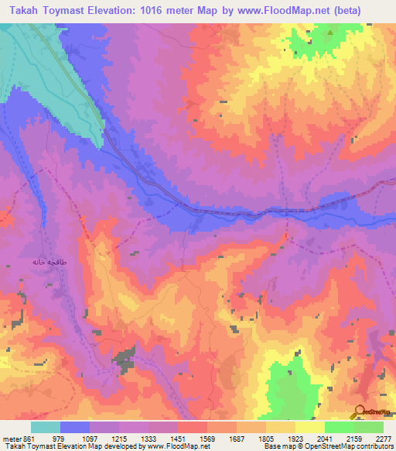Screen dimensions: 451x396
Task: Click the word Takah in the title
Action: [26, 11]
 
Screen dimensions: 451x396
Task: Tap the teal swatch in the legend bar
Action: [46, 427]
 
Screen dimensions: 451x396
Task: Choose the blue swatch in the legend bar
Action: [75, 427]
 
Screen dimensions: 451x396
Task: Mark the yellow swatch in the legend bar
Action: [309, 427]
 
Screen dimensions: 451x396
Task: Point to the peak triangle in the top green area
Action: [329, 33]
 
